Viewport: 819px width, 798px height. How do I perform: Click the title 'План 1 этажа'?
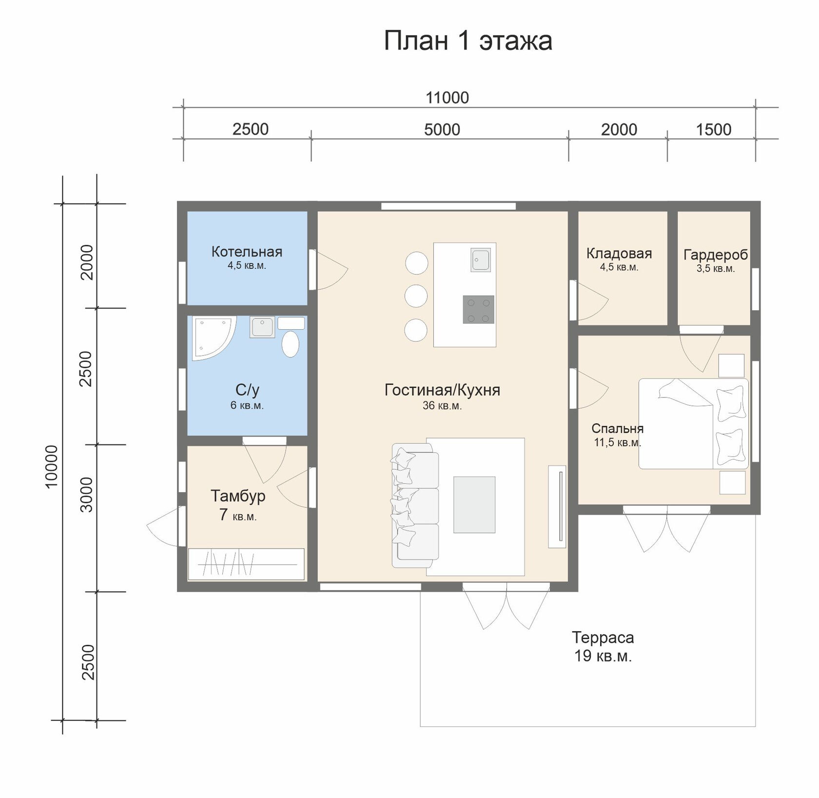coord(468,40)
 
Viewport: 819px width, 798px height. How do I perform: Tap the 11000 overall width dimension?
coord(447,98)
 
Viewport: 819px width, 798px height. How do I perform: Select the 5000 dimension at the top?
coord(442,129)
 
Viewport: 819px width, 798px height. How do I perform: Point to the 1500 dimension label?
coord(713,129)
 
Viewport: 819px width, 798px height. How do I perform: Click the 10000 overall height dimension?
coord(51,466)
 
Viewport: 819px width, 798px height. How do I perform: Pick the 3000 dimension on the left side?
coord(86,494)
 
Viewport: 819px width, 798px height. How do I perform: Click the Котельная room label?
coord(247,252)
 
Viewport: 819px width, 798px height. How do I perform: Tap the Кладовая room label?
coord(619,254)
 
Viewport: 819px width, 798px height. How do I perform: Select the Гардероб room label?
coord(716,255)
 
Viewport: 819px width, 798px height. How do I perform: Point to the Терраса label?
coord(603,638)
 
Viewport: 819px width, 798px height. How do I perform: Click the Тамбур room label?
coord(238,496)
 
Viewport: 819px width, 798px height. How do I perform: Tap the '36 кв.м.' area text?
coord(442,405)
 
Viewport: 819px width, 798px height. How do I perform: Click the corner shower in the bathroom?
coord(214,338)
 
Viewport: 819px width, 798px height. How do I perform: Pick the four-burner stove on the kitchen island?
coord(478,309)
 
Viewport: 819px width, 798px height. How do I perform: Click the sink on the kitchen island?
coord(481,259)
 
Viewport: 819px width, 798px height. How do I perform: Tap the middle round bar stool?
coord(416,296)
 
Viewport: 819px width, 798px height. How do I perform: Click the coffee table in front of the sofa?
coord(474,505)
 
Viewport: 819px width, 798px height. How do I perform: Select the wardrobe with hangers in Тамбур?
coord(246,564)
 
